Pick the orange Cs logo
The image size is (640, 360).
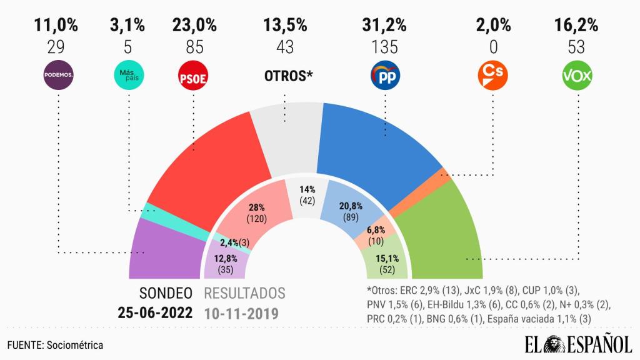(x=492, y=76)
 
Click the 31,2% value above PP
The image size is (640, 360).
(x=384, y=26)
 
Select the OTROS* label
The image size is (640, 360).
(x=285, y=76)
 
